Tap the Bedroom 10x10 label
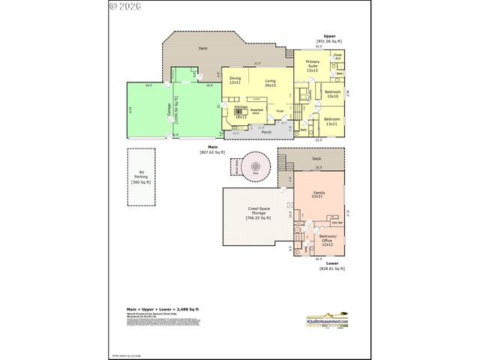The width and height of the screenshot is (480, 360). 332,94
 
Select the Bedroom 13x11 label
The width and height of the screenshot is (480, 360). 331,120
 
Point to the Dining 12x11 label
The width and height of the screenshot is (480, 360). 235,80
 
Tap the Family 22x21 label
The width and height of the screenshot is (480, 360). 318,196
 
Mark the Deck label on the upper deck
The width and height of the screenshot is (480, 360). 202,48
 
